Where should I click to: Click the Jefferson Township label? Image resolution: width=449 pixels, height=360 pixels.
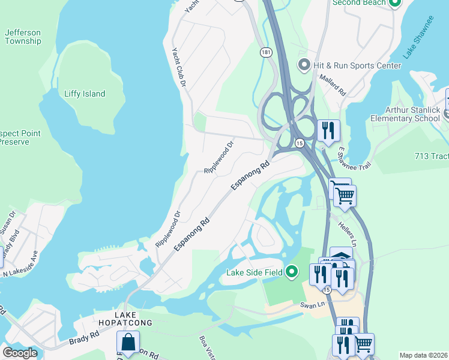coord(23,37)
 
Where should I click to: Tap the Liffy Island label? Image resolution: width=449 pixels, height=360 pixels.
coord(85,94)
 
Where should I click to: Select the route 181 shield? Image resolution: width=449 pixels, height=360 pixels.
coord(266,53)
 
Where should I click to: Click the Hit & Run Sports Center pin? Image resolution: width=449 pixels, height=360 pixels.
coord(304,65)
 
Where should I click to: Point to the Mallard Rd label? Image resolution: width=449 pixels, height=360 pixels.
coord(333,85)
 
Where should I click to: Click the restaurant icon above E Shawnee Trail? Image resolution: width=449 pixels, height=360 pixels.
coord(328,130)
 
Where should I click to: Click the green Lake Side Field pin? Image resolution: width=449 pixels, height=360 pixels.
coord(292,273)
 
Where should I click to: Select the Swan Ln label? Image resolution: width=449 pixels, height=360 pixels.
coord(312,305)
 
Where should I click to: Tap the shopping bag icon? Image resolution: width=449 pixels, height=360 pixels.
coord(128,343)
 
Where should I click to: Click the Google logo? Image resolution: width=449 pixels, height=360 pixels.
coord(20,353)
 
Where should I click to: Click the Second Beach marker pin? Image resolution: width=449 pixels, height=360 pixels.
coord(394,4)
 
